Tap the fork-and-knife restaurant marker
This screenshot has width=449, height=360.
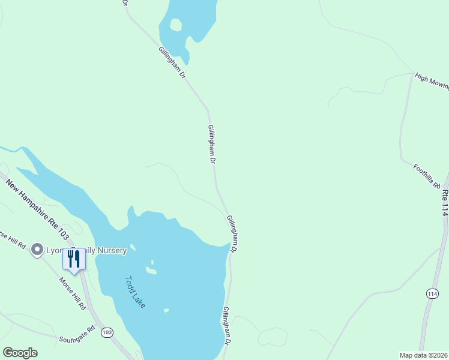pyautogui.click(x=74, y=259)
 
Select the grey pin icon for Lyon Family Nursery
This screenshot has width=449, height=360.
pyautogui.click(x=37, y=250)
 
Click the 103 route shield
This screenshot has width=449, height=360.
pyautogui.click(x=107, y=332)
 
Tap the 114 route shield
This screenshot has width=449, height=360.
pyautogui.click(x=432, y=293)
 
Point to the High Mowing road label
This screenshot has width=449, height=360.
pyautogui.click(x=432, y=82)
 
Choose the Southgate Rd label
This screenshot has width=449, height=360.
pyautogui.click(x=77, y=334)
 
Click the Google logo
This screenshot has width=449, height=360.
pyautogui.click(x=20, y=353)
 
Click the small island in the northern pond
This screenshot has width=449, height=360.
pyautogui.click(x=176, y=25)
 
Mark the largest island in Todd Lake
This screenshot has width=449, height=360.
pyautogui.click(x=151, y=271)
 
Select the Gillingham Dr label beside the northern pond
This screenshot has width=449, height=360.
pyautogui.click(x=172, y=64)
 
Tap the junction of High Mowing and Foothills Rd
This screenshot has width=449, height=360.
pyautogui.click(x=413, y=75)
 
